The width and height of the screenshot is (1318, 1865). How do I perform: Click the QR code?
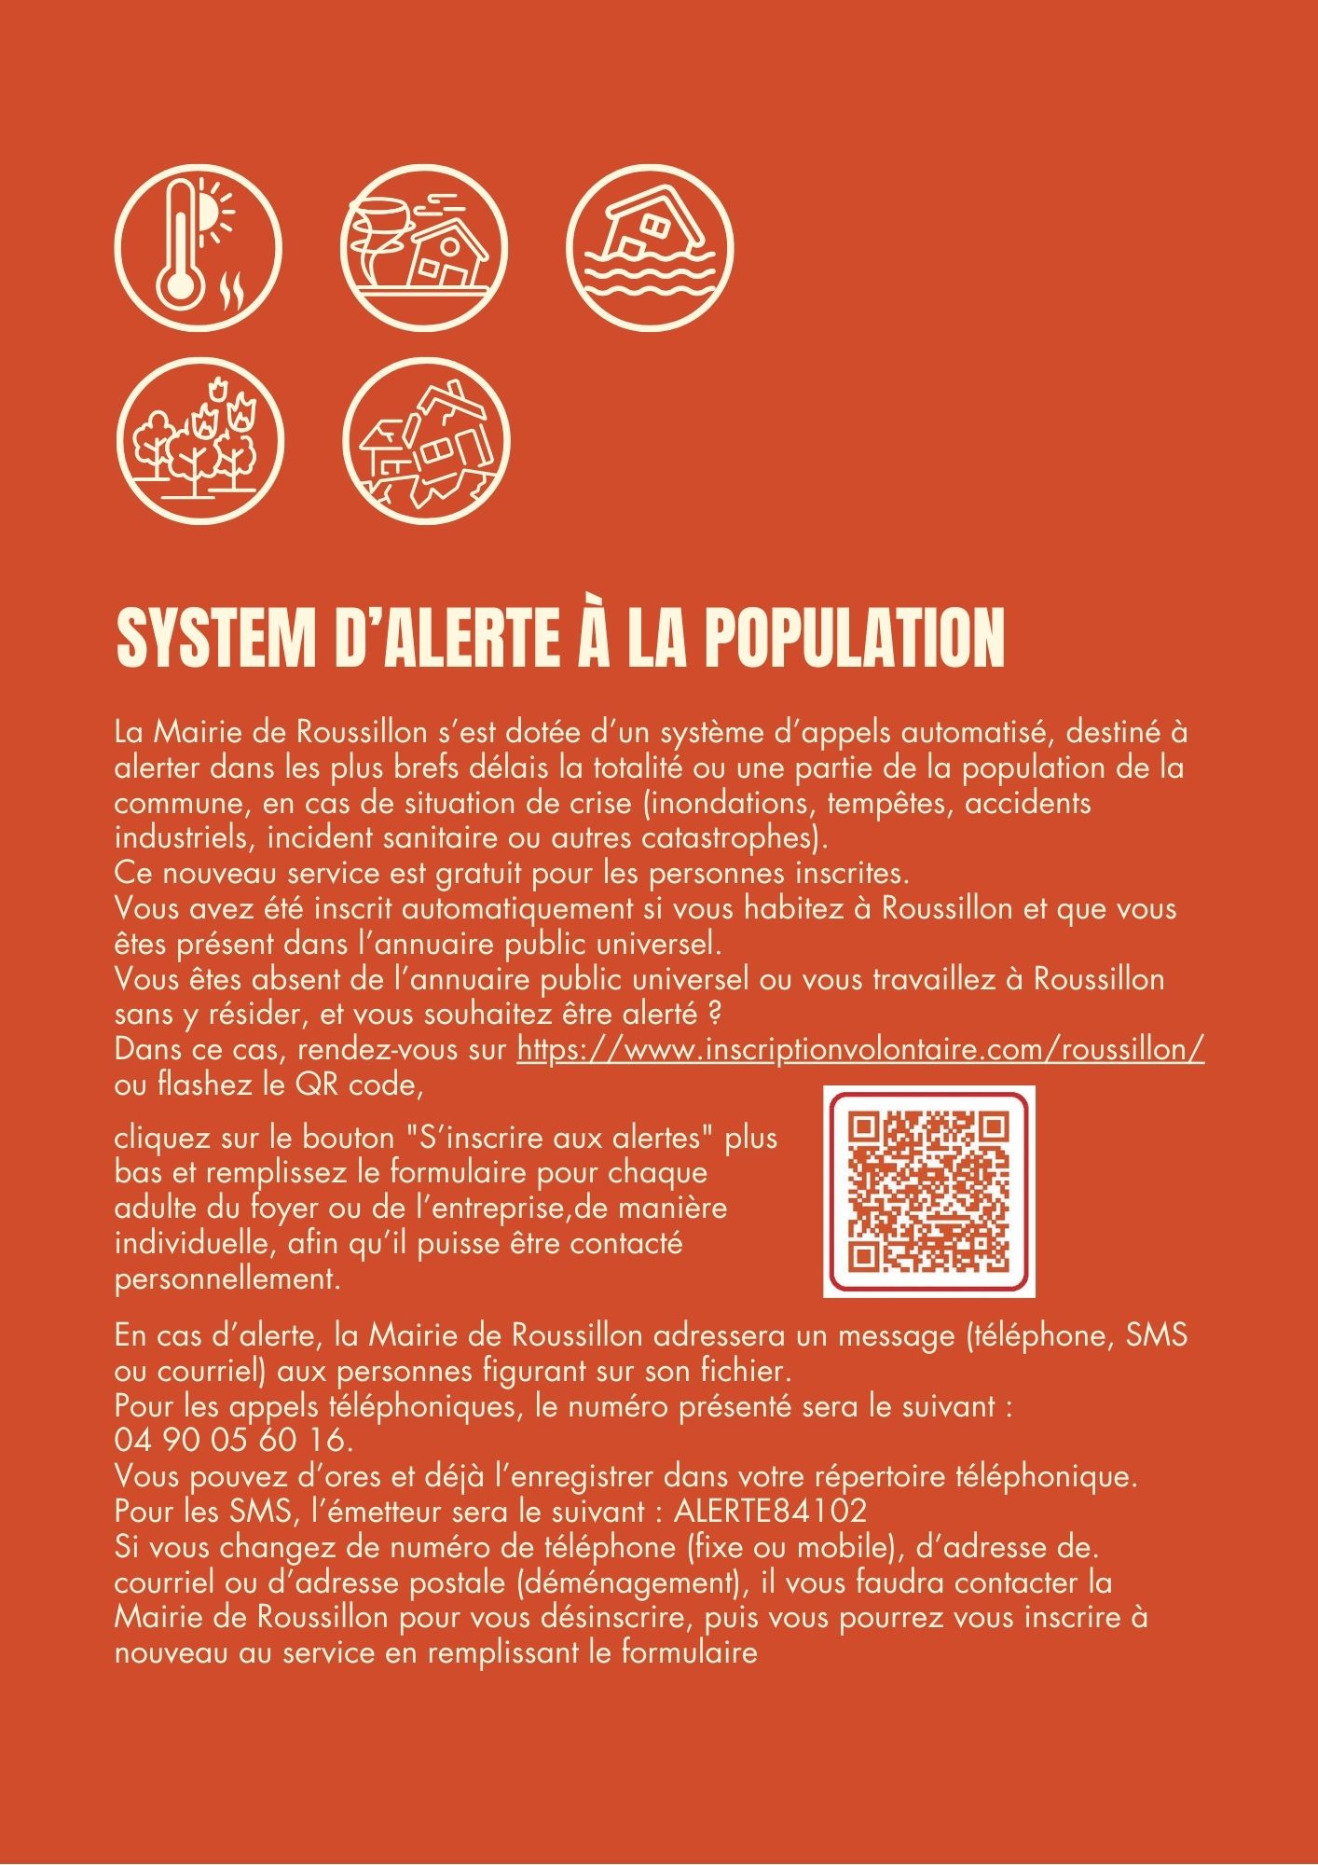pos(929,1191)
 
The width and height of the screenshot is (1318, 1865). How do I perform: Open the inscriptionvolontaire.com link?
pos(860,1050)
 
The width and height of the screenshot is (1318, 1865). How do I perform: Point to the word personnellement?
pos(225,1278)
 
